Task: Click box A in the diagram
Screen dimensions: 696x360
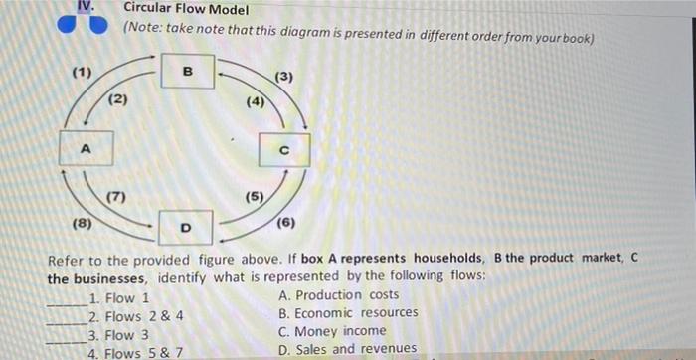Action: [86, 149]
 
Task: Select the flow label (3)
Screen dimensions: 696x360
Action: [285, 77]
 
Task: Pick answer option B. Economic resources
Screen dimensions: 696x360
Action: [348, 313]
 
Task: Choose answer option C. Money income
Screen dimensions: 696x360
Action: [333, 331]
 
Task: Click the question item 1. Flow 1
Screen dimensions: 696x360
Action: [118, 297]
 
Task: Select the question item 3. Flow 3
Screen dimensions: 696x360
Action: [118, 334]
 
